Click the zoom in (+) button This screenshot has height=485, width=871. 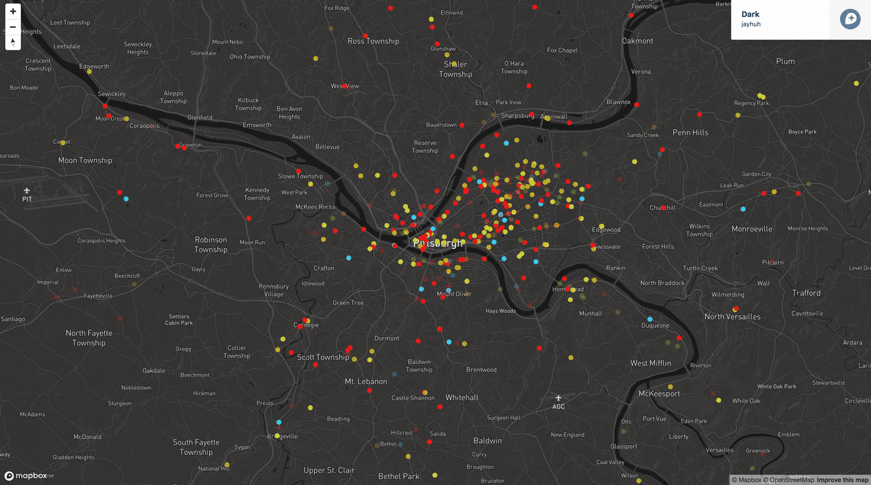(x=13, y=12)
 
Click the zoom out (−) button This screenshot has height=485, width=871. (x=13, y=27)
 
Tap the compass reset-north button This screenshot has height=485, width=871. (x=13, y=42)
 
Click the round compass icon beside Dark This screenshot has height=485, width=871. (x=850, y=19)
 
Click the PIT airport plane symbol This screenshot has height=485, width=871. (x=27, y=190)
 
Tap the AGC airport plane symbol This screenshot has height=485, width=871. (x=558, y=398)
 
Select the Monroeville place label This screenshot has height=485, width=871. (x=751, y=229)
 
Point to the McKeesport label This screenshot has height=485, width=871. (x=659, y=394)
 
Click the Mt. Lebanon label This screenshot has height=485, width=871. (x=366, y=382)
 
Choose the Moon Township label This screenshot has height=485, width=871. (x=85, y=161)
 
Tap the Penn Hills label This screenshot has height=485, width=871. (x=690, y=133)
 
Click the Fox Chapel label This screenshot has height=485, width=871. (x=562, y=50)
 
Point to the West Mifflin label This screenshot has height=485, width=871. (x=650, y=363)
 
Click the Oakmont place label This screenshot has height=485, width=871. (x=638, y=41)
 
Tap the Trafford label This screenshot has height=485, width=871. (x=806, y=293)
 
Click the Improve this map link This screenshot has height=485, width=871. (x=843, y=480)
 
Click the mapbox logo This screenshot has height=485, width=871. (x=26, y=476)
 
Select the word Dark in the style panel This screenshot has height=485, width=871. (x=750, y=15)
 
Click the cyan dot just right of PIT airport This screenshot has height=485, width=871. (x=126, y=199)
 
